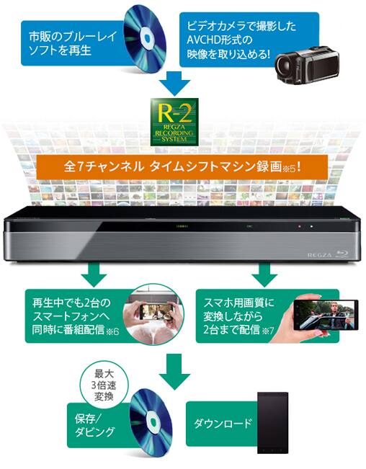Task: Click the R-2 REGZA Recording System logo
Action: (174, 122)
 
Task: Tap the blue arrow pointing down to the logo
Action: (174, 84)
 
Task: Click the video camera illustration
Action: (307, 63)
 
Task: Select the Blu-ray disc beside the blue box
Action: (145, 39)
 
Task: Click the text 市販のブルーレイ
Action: (73, 37)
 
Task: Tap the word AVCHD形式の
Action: (220, 40)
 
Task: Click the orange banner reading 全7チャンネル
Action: (182, 167)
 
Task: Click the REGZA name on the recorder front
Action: (320, 256)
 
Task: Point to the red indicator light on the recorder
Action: (299, 226)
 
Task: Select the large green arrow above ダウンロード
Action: (174, 371)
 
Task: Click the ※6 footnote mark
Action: (112, 331)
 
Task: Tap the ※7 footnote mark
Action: (267, 331)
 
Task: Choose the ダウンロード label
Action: (223, 424)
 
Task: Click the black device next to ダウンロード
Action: (273, 423)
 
